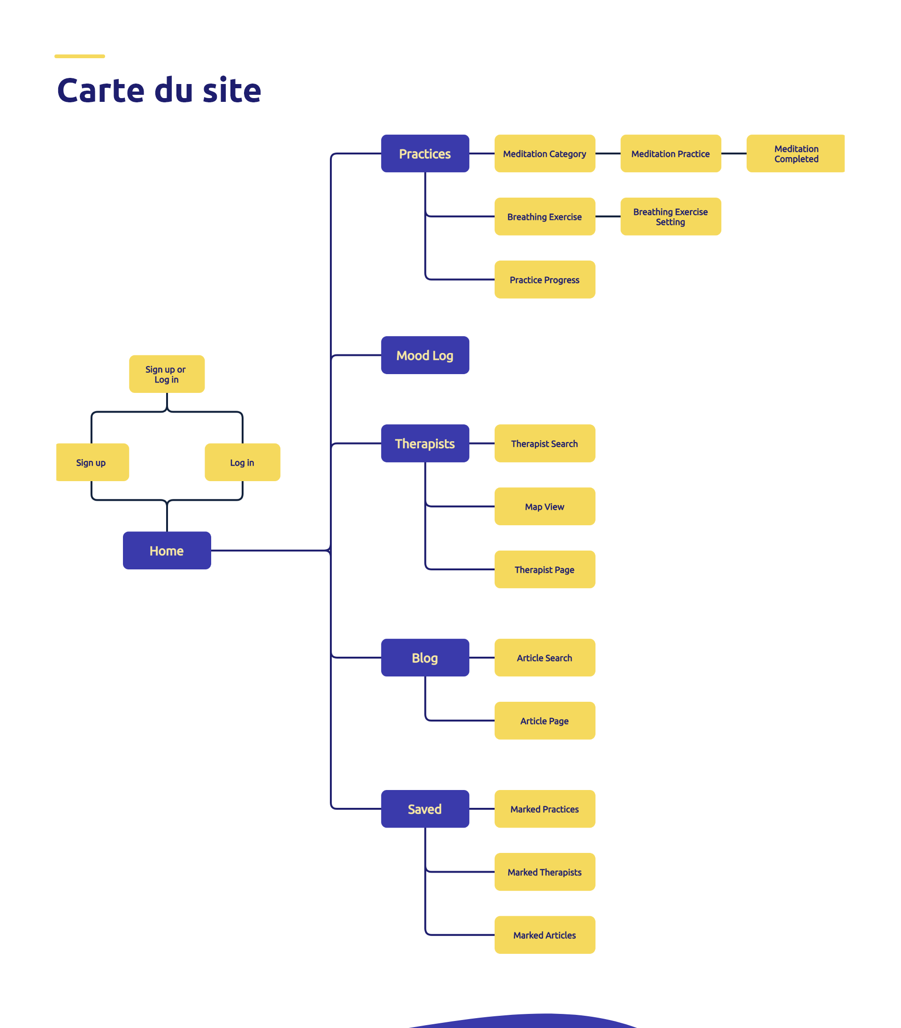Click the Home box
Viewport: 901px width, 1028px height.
point(167,550)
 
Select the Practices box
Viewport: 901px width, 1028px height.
point(425,153)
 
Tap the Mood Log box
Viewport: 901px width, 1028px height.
point(425,355)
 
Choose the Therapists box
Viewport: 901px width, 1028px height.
point(425,443)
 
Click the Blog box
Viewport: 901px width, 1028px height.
point(425,657)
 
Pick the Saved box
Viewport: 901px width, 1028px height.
point(425,809)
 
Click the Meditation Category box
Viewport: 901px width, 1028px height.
point(544,153)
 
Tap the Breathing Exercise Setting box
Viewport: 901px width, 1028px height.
point(670,216)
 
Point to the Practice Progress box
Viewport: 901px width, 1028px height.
point(544,279)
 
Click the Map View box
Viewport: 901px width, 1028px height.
point(544,506)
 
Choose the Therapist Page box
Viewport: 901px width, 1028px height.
point(544,569)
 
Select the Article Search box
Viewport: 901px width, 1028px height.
point(544,657)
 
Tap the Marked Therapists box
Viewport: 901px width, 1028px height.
point(544,872)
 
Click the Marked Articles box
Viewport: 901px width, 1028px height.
point(544,935)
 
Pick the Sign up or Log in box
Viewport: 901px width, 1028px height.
point(167,374)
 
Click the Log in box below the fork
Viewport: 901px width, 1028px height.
point(242,462)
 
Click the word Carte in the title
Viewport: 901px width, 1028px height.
point(100,91)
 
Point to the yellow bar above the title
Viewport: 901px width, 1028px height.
point(79,56)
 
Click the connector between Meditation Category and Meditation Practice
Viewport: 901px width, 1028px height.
point(608,153)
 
